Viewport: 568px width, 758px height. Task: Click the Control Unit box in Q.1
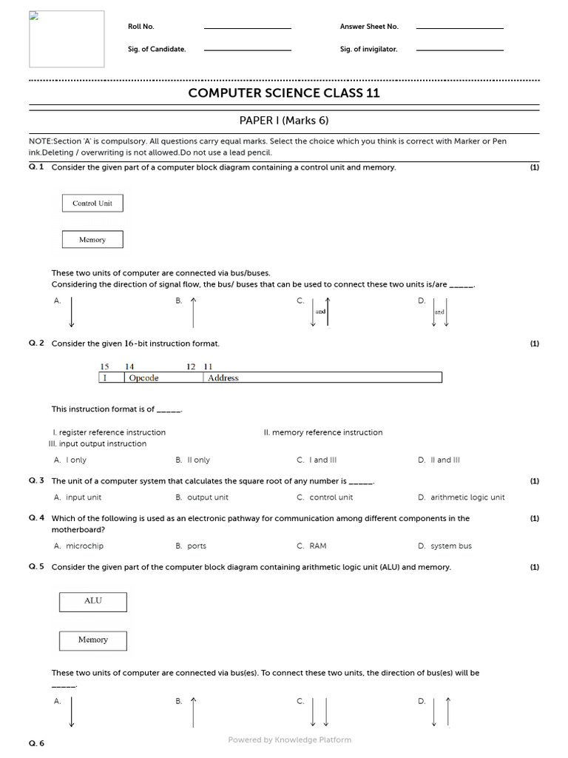click(92, 203)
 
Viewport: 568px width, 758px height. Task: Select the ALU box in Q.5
click(92, 601)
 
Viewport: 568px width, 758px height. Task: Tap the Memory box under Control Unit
click(92, 240)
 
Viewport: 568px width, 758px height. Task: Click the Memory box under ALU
click(92, 640)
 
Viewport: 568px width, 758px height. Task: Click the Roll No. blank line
click(247, 28)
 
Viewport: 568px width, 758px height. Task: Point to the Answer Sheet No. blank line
click(459, 28)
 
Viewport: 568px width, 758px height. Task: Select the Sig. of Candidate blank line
click(247, 50)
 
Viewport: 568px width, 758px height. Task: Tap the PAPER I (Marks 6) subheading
click(284, 121)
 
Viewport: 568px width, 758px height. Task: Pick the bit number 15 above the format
click(104, 366)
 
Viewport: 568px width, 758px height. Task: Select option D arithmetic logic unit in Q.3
click(467, 497)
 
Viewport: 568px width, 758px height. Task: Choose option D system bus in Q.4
click(450, 546)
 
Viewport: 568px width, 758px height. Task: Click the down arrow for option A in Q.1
click(72, 311)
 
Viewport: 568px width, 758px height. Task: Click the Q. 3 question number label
click(36, 481)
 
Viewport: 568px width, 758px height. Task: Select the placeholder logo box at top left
click(67, 38)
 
